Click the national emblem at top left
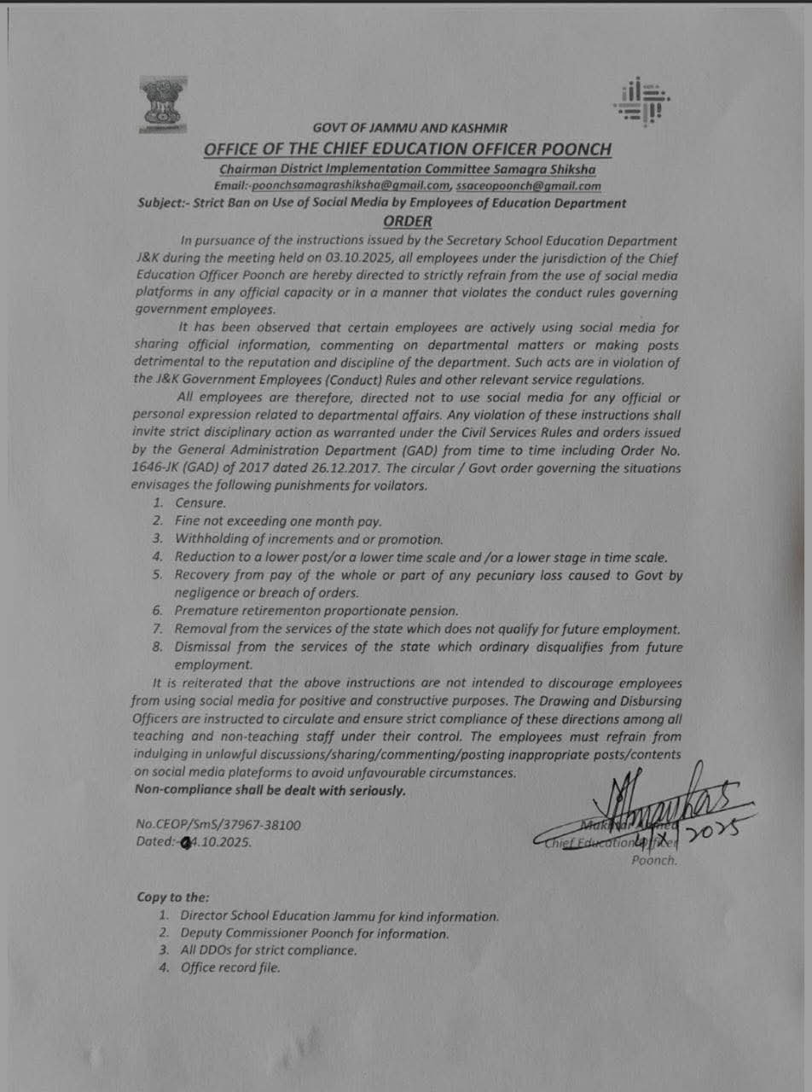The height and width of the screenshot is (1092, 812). pyautogui.click(x=163, y=104)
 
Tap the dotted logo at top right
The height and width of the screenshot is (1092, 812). pyautogui.click(x=641, y=101)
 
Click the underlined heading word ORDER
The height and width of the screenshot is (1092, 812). pyautogui.click(x=409, y=222)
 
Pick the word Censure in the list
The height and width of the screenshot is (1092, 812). pyautogui.click(x=200, y=503)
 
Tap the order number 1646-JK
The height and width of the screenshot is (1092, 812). pyautogui.click(x=160, y=468)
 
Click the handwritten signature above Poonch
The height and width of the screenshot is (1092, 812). pyautogui.click(x=648, y=802)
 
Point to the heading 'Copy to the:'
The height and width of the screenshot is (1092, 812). pyautogui.click(x=172, y=897)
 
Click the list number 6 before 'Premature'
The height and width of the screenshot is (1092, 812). pyautogui.click(x=158, y=611)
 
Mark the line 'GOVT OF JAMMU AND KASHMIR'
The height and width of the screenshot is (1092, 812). pyautogui.click(x=410, y=128)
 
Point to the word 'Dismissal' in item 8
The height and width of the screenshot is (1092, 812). pyautogui.click(x=206, y=647)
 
